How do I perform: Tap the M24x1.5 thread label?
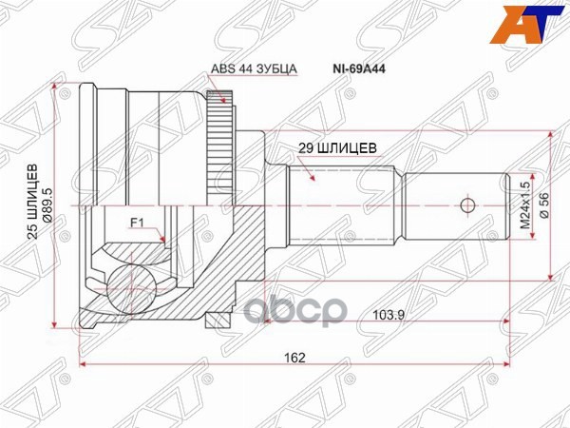tap(523, 206)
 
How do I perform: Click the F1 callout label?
tap(137, 224)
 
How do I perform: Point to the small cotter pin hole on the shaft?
tap(465, 205)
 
